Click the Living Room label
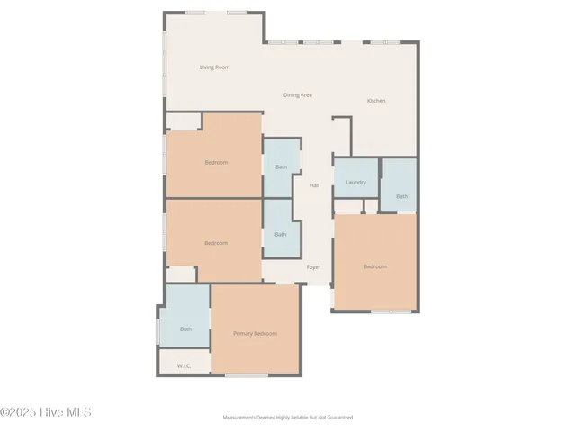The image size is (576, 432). pos(215,67)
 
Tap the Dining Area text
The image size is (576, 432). pos(297,94)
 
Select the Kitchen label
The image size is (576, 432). pos(376,101)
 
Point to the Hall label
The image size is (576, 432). pos(314,185)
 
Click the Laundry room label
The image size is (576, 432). pos(355,183)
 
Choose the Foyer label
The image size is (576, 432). pos(313,267)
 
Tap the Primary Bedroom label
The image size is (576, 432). pos(255,334)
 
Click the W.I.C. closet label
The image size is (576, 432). pos(184,365)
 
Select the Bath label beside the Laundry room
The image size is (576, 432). pos(401,196)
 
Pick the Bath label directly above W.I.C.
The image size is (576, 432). pos(185,328)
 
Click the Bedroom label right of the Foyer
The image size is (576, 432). pos(374,266)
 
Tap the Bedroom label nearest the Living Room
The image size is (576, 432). pos(216,162)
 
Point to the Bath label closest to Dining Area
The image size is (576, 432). pos(281,166)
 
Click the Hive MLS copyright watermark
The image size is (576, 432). pos(47,413)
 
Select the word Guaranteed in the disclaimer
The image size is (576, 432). pos(339,418)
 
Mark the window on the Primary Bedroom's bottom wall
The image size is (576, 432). pos(247,375)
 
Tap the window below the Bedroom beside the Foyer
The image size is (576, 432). pos(391,311)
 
